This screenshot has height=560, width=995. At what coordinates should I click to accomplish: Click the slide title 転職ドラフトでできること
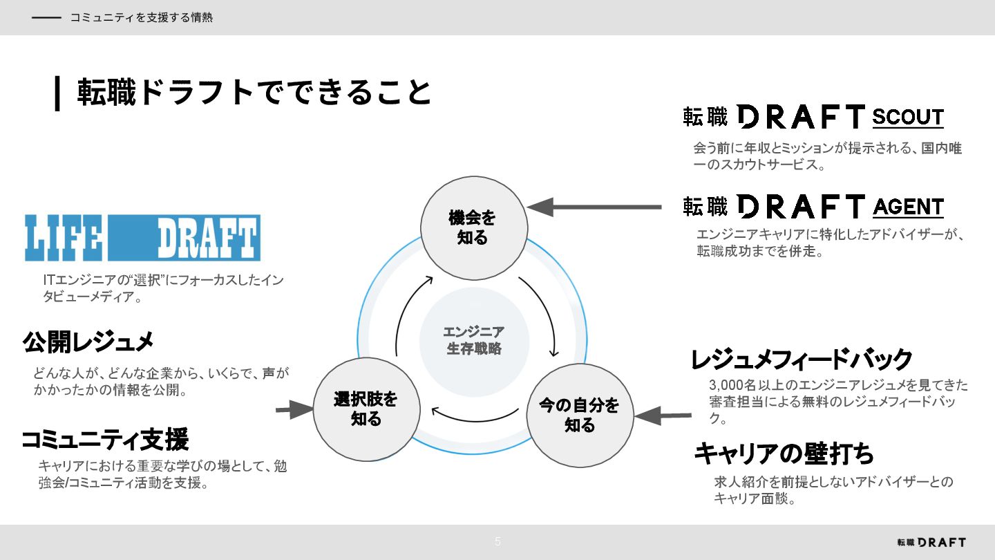(254, 93)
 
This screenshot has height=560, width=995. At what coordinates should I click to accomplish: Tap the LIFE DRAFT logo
(142, 237)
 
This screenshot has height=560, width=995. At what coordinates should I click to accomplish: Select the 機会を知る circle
(474, 227)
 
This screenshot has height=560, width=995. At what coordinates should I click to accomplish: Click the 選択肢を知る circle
(366, 409)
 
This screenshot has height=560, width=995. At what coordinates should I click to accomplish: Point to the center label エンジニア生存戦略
(474, 340)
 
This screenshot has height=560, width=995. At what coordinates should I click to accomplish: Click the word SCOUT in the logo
(907, 118)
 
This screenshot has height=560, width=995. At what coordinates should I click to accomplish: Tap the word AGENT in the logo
(908, 207)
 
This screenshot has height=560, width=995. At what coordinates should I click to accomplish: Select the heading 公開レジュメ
(88, 342)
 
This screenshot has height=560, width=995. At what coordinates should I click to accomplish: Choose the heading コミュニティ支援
(105, 439)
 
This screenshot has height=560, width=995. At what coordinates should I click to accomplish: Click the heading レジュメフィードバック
(802, 360)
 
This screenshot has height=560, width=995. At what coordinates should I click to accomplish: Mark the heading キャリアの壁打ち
(784, 454)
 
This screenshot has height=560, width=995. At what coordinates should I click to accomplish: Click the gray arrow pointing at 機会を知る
(594, 207)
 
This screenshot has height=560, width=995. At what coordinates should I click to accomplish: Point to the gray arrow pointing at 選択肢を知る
(295, 409)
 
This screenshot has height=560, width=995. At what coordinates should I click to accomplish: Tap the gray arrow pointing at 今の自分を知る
(663, 416)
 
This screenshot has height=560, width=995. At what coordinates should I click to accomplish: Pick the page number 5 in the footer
(497, 542)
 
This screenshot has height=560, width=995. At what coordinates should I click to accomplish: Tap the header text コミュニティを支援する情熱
(141, 18)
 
